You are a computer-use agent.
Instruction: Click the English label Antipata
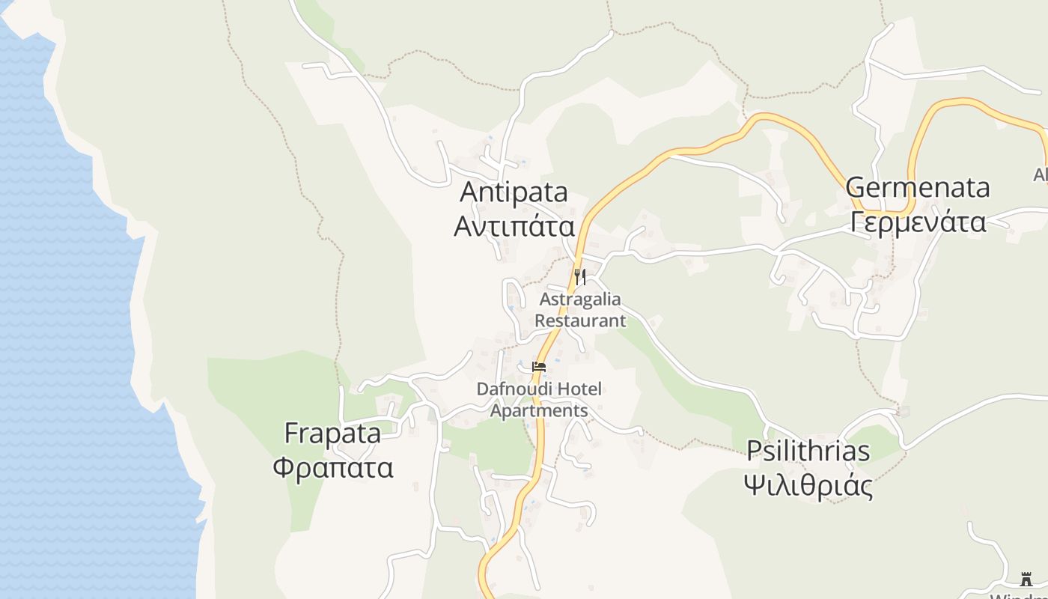(x=514, y=192)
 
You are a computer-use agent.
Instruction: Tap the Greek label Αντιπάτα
(x=514, y=226)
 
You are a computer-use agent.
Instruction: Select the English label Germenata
(x=918, y=187)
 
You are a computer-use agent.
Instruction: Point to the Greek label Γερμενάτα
(x=918, y=222)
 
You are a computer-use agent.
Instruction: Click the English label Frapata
(x=332, y=434)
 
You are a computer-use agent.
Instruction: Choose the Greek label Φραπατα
(x=332, y=467)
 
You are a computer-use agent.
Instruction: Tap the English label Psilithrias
(x=808, y=451)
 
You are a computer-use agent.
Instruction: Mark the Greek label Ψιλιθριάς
(x=808, y=486)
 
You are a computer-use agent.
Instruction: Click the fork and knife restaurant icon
(x=580, y=277)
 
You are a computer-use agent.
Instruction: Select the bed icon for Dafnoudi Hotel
(x=539, y=367)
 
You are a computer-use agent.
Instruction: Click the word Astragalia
(x=580, y=299)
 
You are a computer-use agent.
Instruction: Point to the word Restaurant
(x=580, y=320)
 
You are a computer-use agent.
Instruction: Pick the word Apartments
(x=539, y=410)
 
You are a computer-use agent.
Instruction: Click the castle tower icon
(x=1026, y=580)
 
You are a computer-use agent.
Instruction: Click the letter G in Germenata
(x=856, y=187)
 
